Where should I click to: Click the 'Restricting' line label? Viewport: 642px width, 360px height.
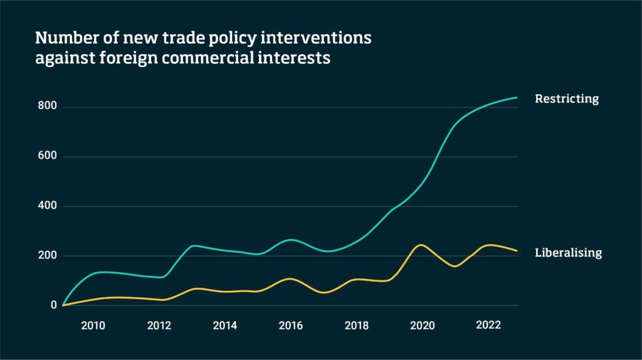coord(567,99)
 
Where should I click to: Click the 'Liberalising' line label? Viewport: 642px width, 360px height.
coord(568,253)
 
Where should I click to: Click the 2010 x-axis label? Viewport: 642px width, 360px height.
coord(93,326)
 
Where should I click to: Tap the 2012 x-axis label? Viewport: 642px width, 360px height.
coord(159,326)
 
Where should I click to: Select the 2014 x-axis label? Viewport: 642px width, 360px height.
coord(224,326)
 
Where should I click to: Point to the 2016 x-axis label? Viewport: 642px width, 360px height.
coord(290,326)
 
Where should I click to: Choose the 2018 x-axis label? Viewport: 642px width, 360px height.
coord(356,326)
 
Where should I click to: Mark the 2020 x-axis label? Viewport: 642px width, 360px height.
coord(422,326)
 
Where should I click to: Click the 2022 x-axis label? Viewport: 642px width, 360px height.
coord(488,326)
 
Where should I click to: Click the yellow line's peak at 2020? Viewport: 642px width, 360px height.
coord(421,245)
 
